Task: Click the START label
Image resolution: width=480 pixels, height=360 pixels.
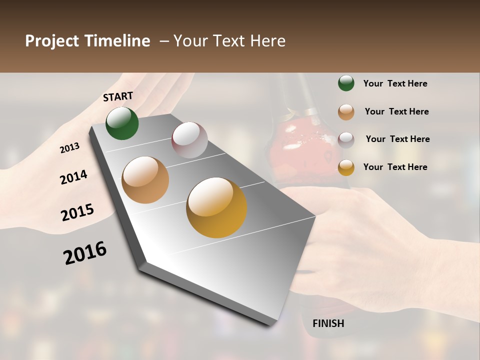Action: [118, 96]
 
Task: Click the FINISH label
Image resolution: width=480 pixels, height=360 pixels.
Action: [328, 323]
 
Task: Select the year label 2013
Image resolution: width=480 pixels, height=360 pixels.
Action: [70, 148]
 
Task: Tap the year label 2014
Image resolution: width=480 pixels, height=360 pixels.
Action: [73, 177]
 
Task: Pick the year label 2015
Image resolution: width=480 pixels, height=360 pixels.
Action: [77, 212]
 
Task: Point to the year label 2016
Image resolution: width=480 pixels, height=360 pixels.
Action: [85, 252]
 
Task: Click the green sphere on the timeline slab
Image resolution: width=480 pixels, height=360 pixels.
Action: [122, 123]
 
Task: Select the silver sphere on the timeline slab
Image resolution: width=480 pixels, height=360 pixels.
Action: [189, 140]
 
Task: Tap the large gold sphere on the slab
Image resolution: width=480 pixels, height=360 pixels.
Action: [216, 207]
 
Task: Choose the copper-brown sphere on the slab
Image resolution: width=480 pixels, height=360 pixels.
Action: [145, 180]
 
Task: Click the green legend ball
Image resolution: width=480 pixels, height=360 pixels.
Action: [346, 83]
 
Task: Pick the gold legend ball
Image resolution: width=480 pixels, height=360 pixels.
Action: [346, 167]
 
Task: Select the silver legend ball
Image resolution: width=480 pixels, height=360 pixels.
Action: [346, 139]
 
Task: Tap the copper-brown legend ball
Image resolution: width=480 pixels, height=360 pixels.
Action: [346, 112]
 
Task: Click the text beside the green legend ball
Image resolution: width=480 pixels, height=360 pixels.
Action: [395, 83]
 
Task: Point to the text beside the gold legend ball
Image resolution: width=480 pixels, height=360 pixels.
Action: [395, 167]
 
